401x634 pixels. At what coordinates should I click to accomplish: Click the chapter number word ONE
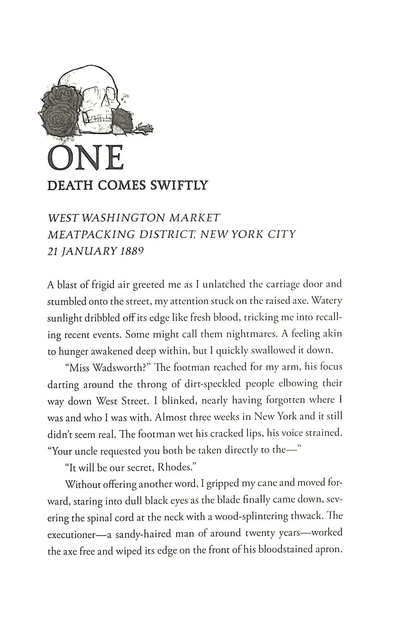[85, 158]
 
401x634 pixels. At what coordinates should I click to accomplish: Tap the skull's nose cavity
[106, 102]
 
